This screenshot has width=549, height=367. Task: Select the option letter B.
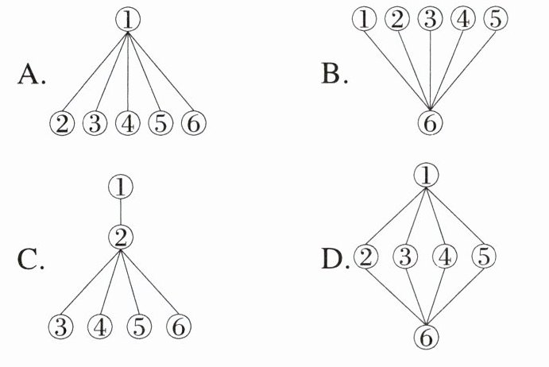coord(332,75)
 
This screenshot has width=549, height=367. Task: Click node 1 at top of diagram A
coord(128,19)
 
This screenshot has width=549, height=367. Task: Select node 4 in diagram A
coord(127,125)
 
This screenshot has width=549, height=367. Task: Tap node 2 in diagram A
coord(61,125)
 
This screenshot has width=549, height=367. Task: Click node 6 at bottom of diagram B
coord(430,123)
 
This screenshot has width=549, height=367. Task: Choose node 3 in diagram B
coord(430,20)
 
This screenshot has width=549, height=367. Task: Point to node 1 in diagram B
coord(365,20)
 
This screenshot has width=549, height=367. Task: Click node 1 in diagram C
coord(120,188)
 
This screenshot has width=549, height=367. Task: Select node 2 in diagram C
coord(120,236)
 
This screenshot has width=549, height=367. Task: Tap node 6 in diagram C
coord(179,326)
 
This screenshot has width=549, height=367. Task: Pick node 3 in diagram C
coord(60,326)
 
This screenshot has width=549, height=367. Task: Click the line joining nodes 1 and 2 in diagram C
coord(120,212)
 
